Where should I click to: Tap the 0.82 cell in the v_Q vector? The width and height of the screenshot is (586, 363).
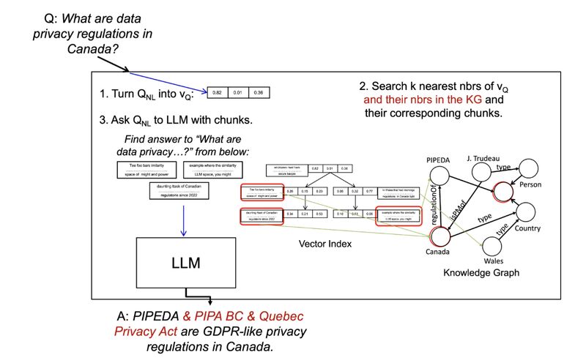[x=217, y=93]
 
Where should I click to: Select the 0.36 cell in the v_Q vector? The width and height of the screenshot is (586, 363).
[x=257, y=93]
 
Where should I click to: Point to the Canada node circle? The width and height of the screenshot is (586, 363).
[x=441, y=236]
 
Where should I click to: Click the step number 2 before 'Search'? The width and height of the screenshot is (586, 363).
[x=363, y=85]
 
